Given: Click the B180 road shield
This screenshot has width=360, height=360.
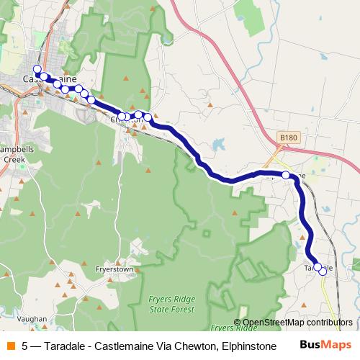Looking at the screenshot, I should click(x=288, y=137).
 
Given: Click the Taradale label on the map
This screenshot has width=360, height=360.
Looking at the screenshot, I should click(x=318, y=269).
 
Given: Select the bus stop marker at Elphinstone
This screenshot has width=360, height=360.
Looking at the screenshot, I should click(x=286, y=175).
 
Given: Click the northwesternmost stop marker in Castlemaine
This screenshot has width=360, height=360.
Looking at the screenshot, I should click(x=37, y=69).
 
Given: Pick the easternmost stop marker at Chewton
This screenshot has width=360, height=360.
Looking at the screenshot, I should click(x=148, y=117).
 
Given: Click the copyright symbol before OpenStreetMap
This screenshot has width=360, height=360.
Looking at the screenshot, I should click(x=237, y=323).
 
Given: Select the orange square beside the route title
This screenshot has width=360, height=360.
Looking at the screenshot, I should click(x=11, y=346).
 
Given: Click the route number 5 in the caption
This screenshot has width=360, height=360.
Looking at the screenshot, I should click(x=25, y=346).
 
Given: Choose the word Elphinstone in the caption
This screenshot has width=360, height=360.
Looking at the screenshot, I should click(x=248, y=346).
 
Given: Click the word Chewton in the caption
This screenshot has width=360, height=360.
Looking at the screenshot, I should click(x=194, y=346).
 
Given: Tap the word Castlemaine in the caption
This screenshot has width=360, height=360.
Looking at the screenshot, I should click(x=127, y=346).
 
